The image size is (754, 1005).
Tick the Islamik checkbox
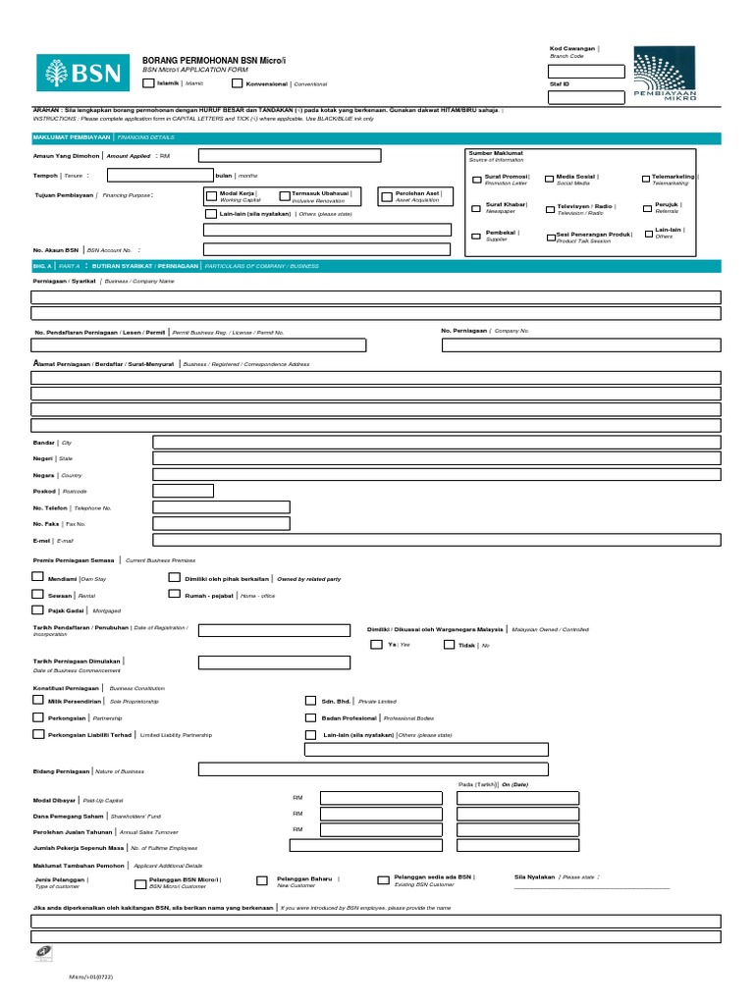pos(148,83)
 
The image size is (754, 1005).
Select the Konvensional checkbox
pos(237,83)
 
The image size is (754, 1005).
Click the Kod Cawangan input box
pos(586,71)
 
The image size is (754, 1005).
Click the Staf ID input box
pos(586,96)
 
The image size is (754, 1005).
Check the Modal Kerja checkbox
pos(210,195)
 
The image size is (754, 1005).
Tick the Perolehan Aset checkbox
pos(387,195)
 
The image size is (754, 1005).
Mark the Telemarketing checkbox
pos(644,180)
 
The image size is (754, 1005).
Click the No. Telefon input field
pos(221,506)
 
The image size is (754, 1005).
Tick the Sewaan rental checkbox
pos(38,595)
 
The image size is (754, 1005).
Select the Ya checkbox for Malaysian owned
pos(377,645)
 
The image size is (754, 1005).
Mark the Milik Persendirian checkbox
pos(38,701)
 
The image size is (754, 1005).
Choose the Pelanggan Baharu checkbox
pos(262,880)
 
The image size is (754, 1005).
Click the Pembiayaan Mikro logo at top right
pos(665,74)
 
